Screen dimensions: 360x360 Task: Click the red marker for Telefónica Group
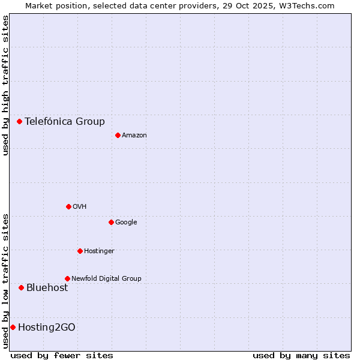[x=19, y=121]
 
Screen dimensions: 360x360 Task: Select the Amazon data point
[x=118, y=135]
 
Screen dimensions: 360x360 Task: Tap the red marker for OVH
[x=68, y=206]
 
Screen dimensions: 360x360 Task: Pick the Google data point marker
[x=111, y=222]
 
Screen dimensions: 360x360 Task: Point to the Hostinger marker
[x=80, y=251]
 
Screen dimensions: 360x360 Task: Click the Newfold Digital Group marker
[x=67, y=278]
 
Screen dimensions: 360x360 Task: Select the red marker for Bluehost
[x=21, y=287]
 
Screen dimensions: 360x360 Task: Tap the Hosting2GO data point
[x=13, y=327]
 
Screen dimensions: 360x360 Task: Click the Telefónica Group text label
[x=65, y=121]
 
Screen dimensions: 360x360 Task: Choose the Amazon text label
[x=134, y=135]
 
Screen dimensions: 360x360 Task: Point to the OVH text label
[x=80, y=206]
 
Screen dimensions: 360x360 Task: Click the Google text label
[x=126, y=222]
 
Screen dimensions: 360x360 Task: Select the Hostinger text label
[x=99, y=251]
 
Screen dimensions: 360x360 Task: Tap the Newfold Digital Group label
[x=106, y=278]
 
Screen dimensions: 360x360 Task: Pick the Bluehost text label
[x=47, y=287]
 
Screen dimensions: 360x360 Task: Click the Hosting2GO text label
[x=47, y=327]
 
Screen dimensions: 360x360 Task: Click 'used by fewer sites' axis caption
[x=62, y=355]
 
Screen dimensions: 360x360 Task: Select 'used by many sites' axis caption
[x=301, y=355]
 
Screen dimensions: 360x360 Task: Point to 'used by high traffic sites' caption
[x=5, y=85]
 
